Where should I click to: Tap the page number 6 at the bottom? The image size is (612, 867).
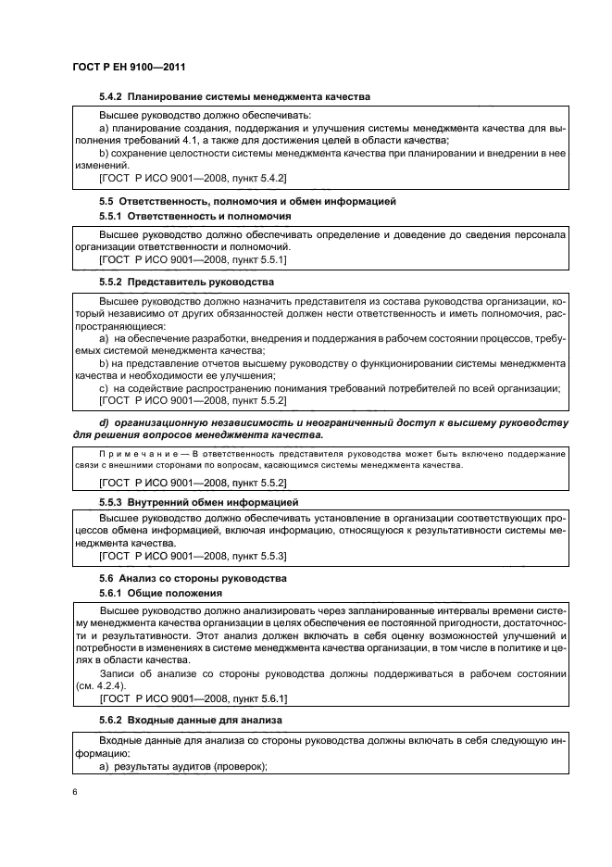tap(74, 792)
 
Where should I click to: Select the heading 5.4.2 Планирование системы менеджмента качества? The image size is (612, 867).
tap(234, 96)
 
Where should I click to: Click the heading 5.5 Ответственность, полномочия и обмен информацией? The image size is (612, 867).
tap(247, 200)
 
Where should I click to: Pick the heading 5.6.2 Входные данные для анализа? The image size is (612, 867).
tap(192, 720)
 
